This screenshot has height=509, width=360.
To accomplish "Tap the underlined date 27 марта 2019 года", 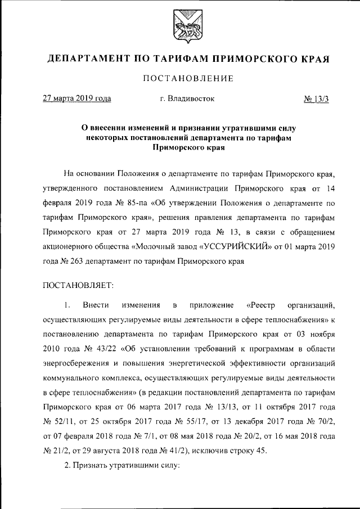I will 77,98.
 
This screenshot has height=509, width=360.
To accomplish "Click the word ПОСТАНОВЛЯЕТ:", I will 79,285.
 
